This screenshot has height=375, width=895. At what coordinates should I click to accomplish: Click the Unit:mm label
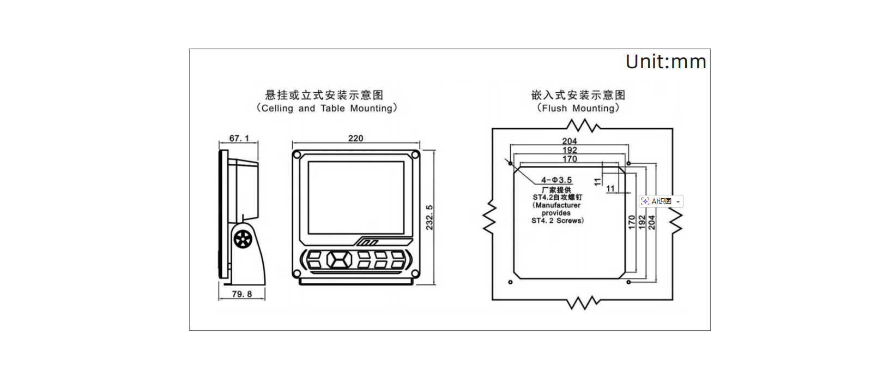(666, 62)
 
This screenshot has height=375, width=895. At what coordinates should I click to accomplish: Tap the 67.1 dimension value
(239, 138)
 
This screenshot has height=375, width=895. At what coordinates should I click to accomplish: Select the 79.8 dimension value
(241, 294)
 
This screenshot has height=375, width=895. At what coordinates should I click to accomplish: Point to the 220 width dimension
(355, 138)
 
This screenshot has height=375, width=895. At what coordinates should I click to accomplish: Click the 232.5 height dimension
(429, 217)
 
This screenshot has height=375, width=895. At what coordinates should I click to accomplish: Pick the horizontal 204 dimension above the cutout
(570, 141)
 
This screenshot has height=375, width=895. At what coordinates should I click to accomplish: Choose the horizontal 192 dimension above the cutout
(570, 150)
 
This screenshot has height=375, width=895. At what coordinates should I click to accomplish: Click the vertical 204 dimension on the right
(652, 223)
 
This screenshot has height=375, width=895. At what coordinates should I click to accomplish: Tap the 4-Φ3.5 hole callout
(557, 180)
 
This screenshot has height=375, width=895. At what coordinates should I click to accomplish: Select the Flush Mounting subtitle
(578, 108)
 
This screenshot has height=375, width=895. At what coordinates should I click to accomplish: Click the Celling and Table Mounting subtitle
(327, 108)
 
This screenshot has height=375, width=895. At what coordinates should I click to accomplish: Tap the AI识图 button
(661, 201)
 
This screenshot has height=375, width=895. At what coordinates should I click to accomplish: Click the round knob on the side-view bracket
(243, 239)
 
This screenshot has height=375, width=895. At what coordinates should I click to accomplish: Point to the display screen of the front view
(356, 198)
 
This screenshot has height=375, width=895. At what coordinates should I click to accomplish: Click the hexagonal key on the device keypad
(339, 260)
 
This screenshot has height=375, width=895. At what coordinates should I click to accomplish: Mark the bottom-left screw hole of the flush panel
(510, 282)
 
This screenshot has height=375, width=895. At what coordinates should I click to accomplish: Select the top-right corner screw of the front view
(415, 154)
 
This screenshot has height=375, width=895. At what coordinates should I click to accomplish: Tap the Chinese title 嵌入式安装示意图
(578, 95)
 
